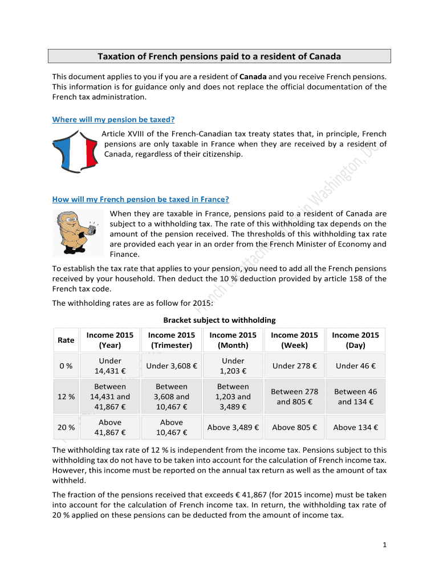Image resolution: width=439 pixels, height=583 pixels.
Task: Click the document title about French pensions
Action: (x=219, y=56)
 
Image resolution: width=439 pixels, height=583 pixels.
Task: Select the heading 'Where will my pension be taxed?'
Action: (x=113, y=120)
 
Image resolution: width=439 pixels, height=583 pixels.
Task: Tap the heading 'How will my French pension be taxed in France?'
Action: (x=141, y=199)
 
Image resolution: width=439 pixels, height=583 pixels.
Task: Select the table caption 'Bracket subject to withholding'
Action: (x=219, y=320)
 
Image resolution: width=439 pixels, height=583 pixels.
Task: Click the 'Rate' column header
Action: (x=66, y=340)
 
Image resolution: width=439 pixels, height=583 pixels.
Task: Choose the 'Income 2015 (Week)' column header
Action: (x=294, y=340)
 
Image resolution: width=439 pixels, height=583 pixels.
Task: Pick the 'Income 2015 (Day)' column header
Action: (x=355, y=340)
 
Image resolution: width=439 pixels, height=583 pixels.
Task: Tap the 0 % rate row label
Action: (x=66, y=366)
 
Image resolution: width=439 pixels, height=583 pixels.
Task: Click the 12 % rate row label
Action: (x=66, y=397)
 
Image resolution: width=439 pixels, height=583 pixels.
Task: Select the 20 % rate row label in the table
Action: (x=66, y=428)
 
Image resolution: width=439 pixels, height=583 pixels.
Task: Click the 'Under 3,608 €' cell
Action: (x=172, y=366)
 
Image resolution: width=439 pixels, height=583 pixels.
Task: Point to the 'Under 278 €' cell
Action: (x=294, y=366)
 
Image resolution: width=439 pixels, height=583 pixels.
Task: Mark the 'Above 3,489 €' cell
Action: (x=233, y=428)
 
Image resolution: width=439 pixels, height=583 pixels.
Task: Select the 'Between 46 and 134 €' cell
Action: (x=355, y=397)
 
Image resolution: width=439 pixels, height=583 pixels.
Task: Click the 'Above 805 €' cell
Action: (x=294, y=428)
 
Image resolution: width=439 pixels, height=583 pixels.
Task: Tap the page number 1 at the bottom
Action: (x=385, y=545)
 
